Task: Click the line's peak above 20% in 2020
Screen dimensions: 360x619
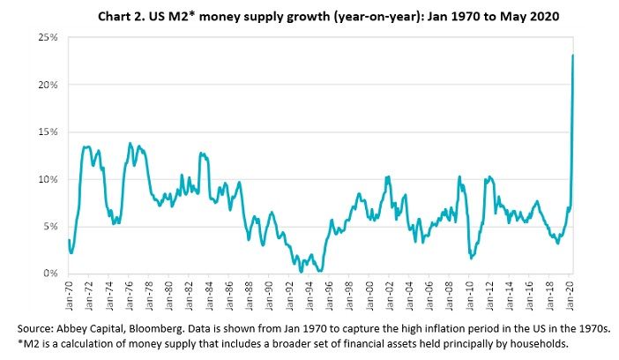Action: point(574,56)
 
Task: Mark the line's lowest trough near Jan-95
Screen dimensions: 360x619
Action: point(320,272)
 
